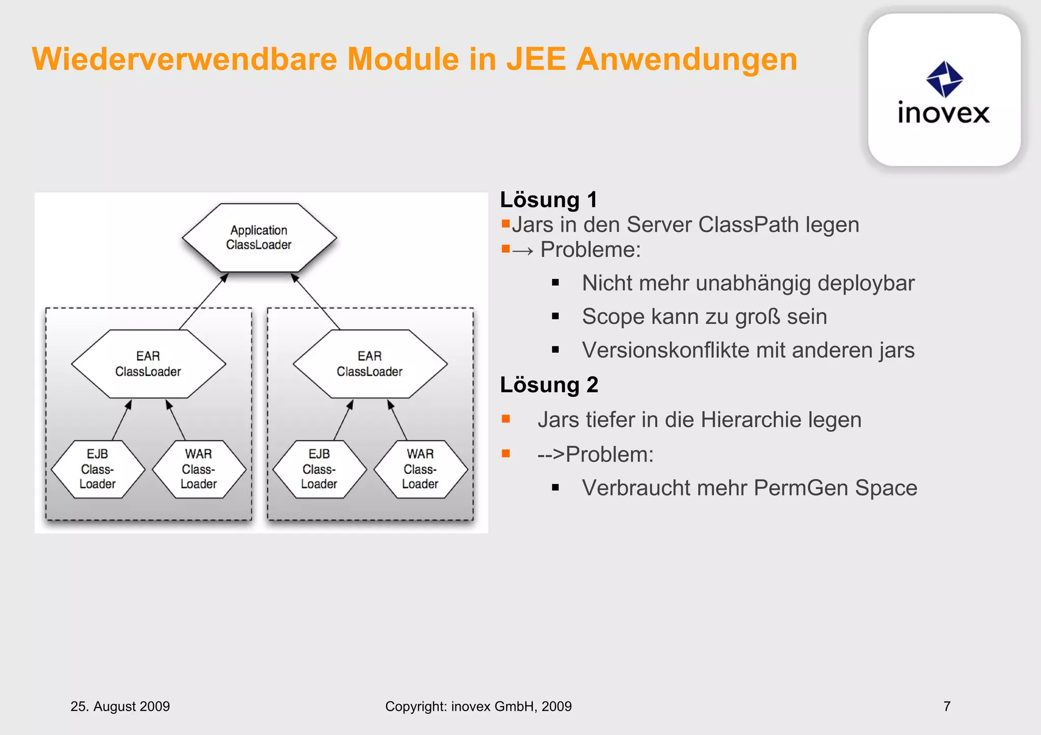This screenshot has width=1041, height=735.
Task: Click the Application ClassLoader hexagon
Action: coord(259,238)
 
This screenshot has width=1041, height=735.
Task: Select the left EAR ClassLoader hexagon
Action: coord(148,364)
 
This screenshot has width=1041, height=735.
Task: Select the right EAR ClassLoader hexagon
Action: coord(370,364)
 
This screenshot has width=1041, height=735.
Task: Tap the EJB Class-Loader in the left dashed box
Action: coord(98,469)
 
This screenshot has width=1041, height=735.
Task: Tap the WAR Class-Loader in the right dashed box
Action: coord(420,469)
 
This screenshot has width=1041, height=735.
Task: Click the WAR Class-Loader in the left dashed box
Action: coord(199,469)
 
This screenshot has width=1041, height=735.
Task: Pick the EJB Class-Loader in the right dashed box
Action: coord(319,469)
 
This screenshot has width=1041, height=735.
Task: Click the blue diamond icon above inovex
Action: coord(944,79)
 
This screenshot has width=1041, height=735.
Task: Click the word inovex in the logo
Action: coord(943,113)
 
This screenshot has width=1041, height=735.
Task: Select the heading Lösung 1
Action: coord(548,200)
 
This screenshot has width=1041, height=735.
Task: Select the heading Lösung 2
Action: coord(549,385)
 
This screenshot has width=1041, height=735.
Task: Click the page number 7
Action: coord(946,706)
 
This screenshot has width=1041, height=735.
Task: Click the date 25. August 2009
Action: coord(120,706)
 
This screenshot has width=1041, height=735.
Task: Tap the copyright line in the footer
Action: coord(478,706)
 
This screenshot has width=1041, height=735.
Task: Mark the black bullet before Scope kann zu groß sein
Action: coord(555,316)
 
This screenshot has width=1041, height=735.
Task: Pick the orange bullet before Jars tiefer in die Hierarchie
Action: coord(505,419)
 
